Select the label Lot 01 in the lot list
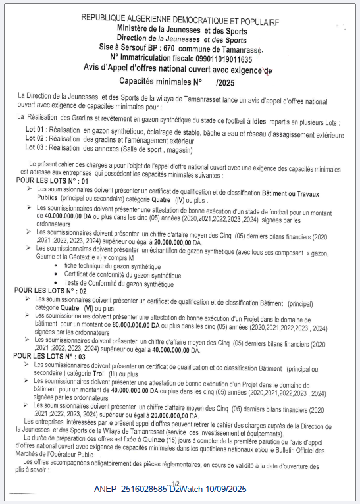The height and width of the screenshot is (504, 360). click(36, 130)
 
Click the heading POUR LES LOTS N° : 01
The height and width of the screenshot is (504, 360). click(52, 180)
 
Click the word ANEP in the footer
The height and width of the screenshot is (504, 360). click(106, 490)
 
